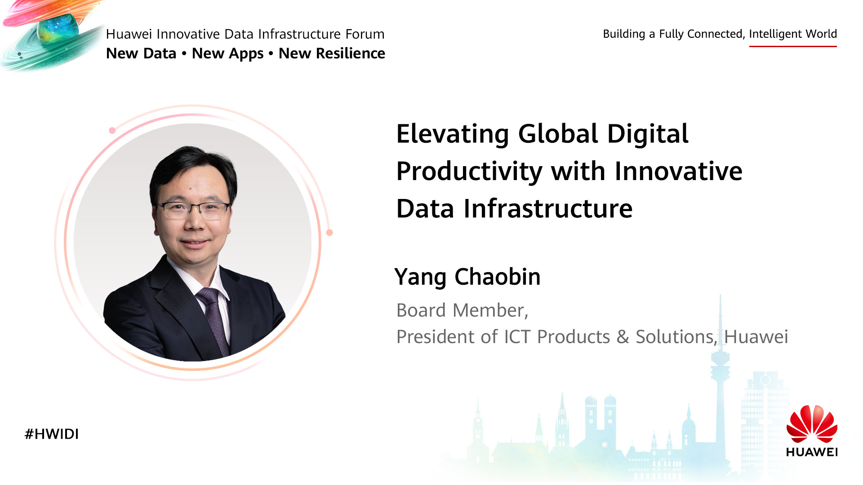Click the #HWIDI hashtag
point(52,434)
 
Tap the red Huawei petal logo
point(812,424)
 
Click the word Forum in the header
point(365,34)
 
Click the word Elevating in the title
point(453,134)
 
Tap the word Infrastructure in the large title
point(548,209)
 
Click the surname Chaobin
point(498,277)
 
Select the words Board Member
point(462,311)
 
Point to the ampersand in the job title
point(623,337)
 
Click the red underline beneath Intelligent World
point(793,46)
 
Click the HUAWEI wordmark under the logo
point(812,452)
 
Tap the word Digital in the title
point(648,134)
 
